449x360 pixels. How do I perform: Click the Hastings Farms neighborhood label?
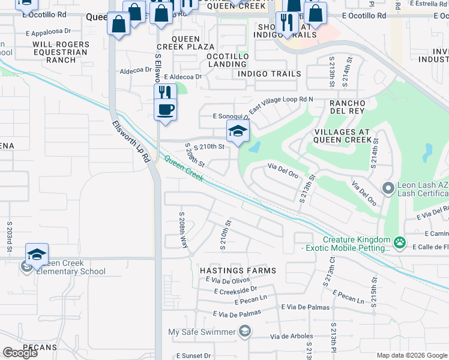238,271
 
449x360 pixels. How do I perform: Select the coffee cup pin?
165,110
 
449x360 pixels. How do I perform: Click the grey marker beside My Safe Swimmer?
244,331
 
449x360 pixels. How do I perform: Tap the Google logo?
20,353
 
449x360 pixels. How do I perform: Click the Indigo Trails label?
269,74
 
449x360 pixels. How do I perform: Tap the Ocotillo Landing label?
228,60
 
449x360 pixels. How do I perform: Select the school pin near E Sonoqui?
238,132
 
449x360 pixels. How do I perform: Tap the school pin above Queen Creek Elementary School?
37,254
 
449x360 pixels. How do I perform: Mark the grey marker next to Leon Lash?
388,189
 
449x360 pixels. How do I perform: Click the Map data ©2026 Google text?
411,355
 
